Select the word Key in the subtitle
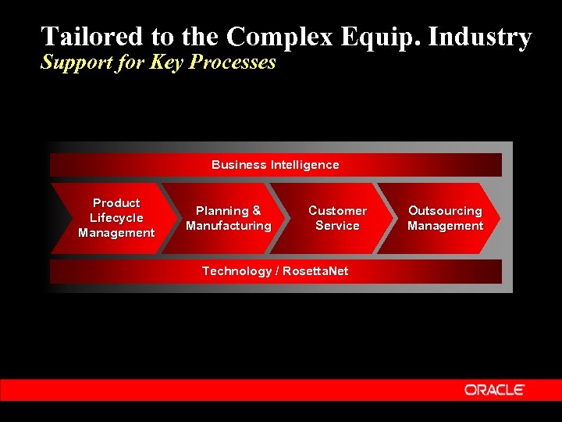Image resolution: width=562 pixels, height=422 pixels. [165, 63]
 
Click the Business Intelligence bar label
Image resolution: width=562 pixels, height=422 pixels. [275, 165]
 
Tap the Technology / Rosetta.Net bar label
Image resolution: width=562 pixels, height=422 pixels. [275, 271]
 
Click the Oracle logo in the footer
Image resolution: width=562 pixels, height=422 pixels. [495, 389]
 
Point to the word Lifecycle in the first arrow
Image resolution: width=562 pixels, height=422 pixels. [116, 218]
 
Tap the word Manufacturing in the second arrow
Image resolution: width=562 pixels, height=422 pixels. [229, 226]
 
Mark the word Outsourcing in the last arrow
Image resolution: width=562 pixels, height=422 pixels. [445, 211]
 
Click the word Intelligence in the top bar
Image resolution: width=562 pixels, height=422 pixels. [304, 165]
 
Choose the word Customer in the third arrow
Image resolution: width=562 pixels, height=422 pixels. [337, 211]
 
